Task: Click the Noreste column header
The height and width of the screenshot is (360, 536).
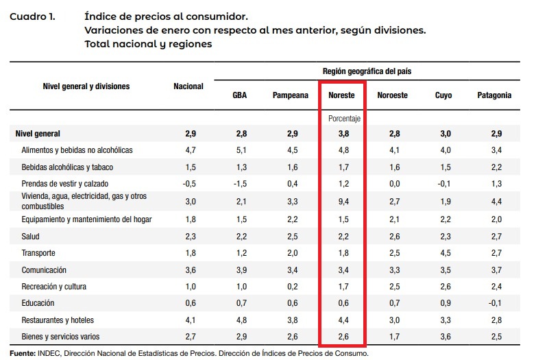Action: (341, 95)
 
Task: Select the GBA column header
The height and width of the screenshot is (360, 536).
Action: (240, 95)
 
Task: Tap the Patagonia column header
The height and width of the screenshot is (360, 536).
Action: (494, 95)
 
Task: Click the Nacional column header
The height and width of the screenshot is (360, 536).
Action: (188, 86)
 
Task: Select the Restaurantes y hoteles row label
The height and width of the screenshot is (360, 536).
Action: (58, 320)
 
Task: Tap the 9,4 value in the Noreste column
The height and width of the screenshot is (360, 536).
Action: (343, 201)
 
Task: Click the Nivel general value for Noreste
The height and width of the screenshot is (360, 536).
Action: (343, 133)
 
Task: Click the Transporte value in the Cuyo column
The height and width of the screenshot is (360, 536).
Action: (443, 253)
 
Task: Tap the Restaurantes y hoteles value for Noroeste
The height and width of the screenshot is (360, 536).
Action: (393, 320)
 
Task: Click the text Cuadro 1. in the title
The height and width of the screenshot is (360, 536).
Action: (32, 15)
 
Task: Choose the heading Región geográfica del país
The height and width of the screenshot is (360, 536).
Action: (367, 71)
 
